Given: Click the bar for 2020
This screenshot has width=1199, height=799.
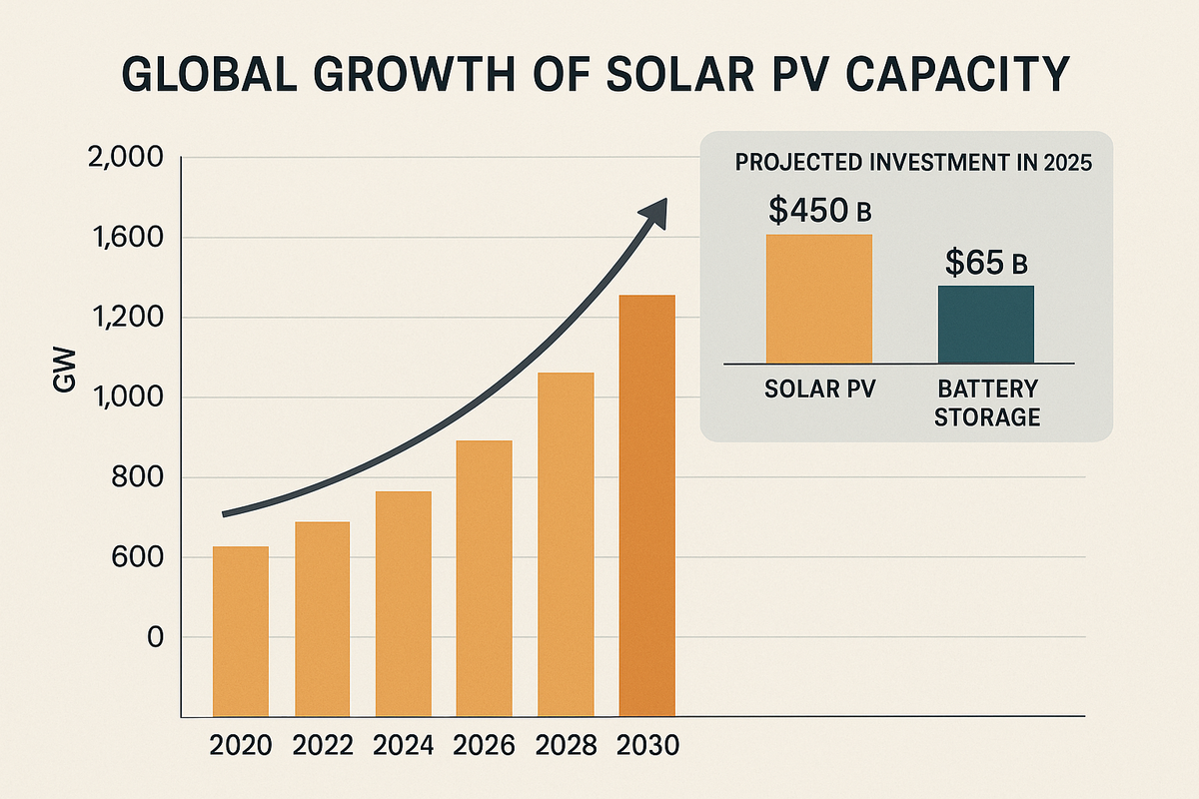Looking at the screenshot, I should (241, 631).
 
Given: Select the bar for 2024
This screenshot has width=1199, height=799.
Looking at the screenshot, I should (403, 603).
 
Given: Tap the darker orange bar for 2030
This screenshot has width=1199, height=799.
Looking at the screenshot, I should (647, 505).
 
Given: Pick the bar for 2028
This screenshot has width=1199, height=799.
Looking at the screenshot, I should (566, 544).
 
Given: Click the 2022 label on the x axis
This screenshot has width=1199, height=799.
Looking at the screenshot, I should (322, 746).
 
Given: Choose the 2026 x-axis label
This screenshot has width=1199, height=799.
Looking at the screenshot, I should (485, 746).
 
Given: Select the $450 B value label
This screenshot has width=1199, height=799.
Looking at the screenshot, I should (819, 210).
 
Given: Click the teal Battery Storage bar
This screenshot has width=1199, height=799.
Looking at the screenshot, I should (986, 324).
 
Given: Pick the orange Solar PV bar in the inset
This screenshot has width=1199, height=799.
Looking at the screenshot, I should (819, 298).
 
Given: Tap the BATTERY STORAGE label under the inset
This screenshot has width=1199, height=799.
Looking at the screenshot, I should (986, 402).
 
